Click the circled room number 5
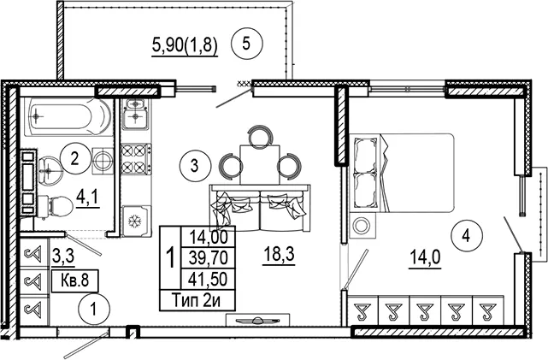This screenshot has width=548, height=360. [246, 44]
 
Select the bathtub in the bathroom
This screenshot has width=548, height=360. [68, 115]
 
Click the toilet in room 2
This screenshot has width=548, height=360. [55, 207]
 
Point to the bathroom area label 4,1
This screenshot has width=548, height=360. [87, 198]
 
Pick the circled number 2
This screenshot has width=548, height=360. [75, 159]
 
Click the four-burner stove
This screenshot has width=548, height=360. [136, 159]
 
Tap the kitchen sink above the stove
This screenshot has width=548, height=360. [136, 114]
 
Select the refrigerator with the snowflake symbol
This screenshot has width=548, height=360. [136, 221]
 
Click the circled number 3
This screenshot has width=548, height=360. [196, 165]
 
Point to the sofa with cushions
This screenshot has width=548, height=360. [260, 208]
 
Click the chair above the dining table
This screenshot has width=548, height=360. [259, 136]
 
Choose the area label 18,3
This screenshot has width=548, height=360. [279, 255]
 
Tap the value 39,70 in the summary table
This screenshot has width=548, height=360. [209, 258]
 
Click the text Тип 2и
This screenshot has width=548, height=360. [197, 301]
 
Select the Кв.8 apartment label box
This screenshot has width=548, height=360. [74, 280]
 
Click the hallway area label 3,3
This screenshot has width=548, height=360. [63, 257]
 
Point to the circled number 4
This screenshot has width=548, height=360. [466, 237]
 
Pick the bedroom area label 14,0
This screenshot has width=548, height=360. [425, 258]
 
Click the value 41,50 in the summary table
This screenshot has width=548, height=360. [208, 280]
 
